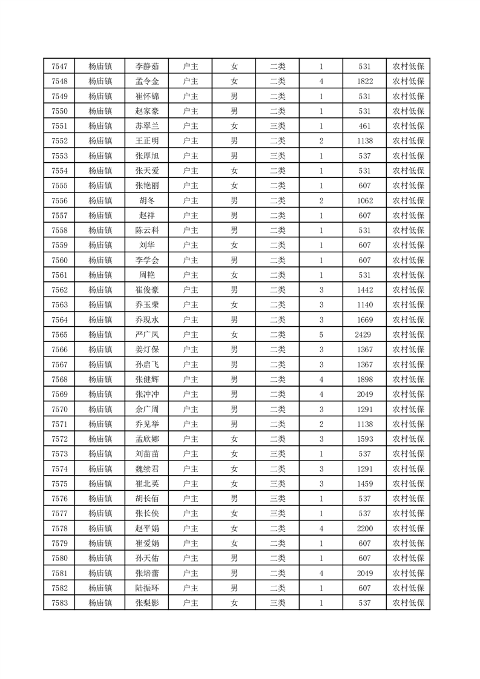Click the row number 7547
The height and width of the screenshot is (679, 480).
[59, 67]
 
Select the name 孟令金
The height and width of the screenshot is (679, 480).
[146, 82]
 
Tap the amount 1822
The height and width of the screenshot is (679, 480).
[364, 82]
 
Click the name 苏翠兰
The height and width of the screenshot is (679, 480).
[146, 126]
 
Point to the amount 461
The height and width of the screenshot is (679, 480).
[364, 126]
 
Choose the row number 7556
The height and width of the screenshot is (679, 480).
[59, 200]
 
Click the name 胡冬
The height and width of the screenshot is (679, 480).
[146, 200]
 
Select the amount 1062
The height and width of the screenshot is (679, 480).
[364, 200]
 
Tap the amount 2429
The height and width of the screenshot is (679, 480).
[363, 335]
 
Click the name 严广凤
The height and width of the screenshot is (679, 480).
[146, 335]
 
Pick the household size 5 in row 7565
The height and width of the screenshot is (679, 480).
[321, 335]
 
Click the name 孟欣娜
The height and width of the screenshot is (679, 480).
[146, 439]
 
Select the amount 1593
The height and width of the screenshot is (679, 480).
[364, 439]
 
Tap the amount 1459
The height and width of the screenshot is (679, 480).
[364, 484]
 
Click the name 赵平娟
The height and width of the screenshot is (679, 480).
[146, 528]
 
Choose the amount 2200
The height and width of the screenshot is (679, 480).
[364, 528]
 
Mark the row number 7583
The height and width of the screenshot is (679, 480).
[59, 603]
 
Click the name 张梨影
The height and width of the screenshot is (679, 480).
[146, 603]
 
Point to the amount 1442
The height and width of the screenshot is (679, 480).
[364, 290]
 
